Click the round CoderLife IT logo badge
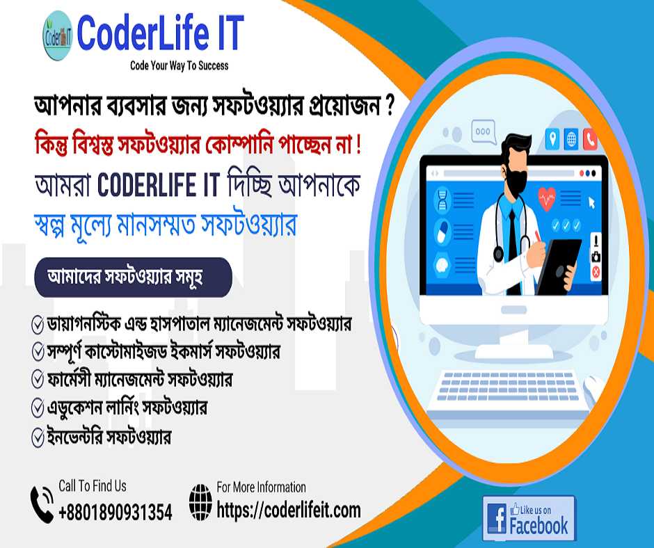pyautogui.click(x=58, y=35)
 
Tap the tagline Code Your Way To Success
pyautogui.click(x=180, y=65)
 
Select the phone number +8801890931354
pyautogui.click(x=115, y=512)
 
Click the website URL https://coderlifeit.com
pyautogui.click(x=289, y=510)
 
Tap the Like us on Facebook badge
pyautogui.click(x=529, y=518)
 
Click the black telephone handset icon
pyautogui.click(x=42, y=503)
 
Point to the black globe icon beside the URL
pyautogui.click(x=200, y=502)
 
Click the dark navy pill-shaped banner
pyautogui.click(x=133, y=277)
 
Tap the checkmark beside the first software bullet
pyautogui.click(x=38, y=325)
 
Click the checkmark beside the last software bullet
pyautogui.click(x=38, y=437)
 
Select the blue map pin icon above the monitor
pyautogui.click(x=552, y=138)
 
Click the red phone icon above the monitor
pyautogui.click(x=590, y=139)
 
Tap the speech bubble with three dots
pyautogui.click(x=484, y=132)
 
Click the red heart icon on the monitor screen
pyautogui.click(x=547, y=198)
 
